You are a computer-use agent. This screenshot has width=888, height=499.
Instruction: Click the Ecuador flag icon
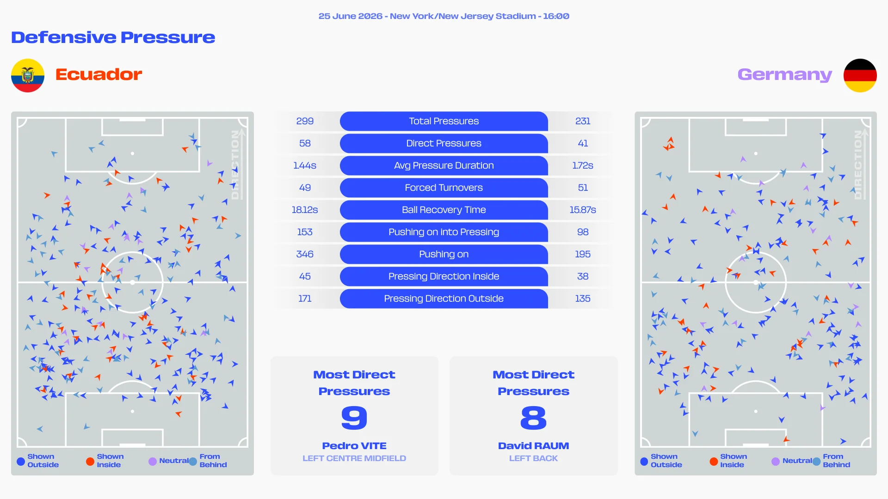click(28, 75)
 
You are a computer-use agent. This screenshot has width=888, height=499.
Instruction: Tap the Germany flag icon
click(860, 75)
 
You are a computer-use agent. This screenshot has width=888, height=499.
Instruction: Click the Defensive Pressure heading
click(113, 37)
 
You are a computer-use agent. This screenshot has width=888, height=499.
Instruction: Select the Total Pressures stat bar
click(444, 121)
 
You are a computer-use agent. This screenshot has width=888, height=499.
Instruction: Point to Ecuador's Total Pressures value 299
click(305, 121)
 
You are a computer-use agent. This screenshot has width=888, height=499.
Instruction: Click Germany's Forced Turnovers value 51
click(583, 188)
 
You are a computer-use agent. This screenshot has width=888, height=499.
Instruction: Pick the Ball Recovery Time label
click(444, 210)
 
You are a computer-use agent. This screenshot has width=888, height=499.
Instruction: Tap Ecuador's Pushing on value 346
click(305, 254)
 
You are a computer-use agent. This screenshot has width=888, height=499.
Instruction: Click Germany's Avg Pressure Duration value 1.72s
click(583, 165)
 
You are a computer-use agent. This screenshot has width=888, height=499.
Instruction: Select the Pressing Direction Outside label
click(444, 298)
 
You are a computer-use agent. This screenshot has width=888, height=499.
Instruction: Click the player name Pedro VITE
click(354, 446)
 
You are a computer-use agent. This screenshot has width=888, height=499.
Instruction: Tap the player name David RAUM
click(533, 446)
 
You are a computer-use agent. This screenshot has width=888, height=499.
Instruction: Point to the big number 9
click(354, 418)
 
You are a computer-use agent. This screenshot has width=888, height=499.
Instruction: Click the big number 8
click(533, 418)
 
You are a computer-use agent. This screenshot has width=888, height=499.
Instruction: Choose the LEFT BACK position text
click(533, 458)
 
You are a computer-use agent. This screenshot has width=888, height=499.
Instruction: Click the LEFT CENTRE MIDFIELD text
click(354, 458)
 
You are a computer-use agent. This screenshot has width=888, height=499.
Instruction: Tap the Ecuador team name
click(99, 74)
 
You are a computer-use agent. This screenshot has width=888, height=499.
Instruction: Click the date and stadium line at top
click(444, 16)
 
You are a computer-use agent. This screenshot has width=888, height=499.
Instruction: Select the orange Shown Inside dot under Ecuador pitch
click(90, 461)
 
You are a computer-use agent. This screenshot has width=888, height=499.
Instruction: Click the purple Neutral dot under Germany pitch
click(776, 461)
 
